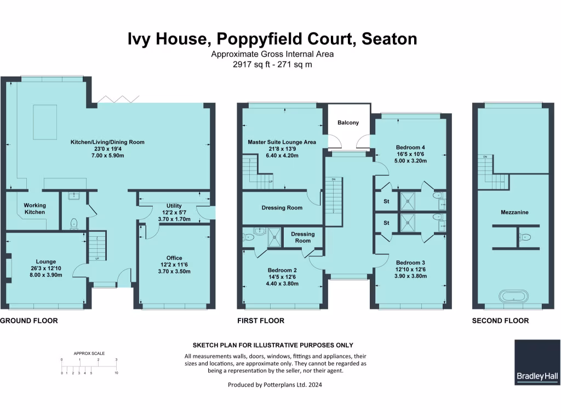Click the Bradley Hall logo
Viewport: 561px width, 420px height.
pos(537,362)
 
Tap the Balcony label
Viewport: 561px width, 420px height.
pos(348,122)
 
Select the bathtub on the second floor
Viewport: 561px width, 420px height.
pos(513,297)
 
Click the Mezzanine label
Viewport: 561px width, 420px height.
pos(514,212)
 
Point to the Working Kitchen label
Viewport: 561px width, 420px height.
pos(35,209)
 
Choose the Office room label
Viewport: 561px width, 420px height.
pos(174,258)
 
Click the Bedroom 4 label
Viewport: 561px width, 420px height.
pos(410,147)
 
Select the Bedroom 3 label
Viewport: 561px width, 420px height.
pos(410,262)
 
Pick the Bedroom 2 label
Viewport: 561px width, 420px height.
pos(283,270)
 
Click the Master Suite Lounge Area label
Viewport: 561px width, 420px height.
pos(282,142)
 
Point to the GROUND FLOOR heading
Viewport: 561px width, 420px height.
pos(29,320)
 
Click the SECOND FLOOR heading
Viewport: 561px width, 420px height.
pos(500,320)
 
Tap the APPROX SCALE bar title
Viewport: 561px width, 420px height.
pos(89,353)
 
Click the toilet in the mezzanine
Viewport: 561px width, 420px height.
pos(525,237)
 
